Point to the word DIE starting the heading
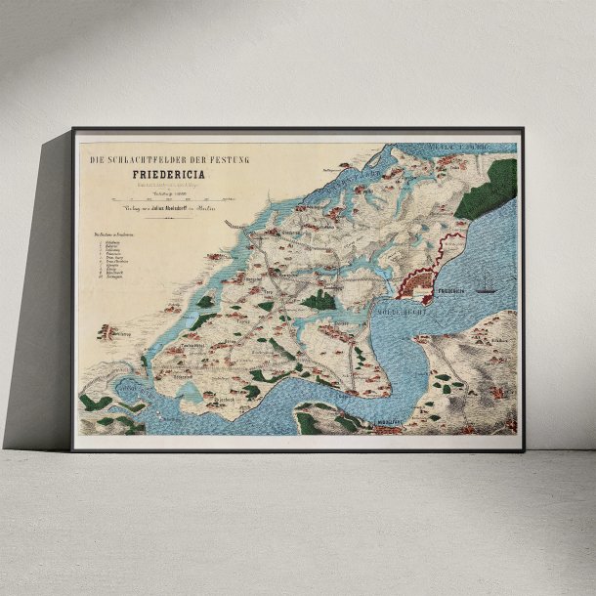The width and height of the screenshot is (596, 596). coord(96,159)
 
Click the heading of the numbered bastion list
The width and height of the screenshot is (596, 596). coord(115,234)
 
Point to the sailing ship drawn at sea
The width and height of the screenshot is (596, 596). coord(486,285)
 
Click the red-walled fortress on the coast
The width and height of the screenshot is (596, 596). coord(417,284)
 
